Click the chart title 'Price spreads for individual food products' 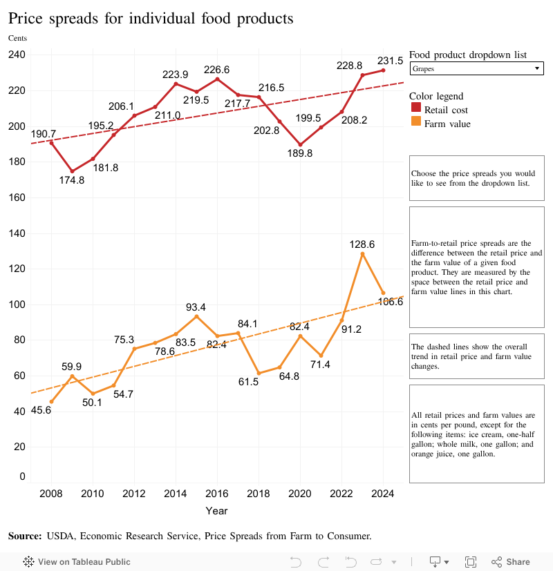click(x=151, y=19)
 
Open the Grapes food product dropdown click(x=476, y=69)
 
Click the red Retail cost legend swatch click(x=415, y=110)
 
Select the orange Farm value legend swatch click(x=415, y=124)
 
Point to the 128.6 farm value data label click(x=362, y=244)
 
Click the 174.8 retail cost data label click(x=71, y=180)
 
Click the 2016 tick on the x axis click(x=217, y=494)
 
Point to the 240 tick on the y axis click(x=17, y=55)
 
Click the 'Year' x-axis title click(x=216, y=511)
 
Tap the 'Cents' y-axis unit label click(x=17, y=38)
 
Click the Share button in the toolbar click(x=511, y=562)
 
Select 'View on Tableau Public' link click(x=77, y=562)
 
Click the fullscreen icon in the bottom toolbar click(x=471, y=562)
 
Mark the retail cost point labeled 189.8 click(x=300, y=145)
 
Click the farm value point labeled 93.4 click(x=196, y=316)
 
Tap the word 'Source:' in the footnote click(x=25, y=536)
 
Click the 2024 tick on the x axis click(x=383, y=494)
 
